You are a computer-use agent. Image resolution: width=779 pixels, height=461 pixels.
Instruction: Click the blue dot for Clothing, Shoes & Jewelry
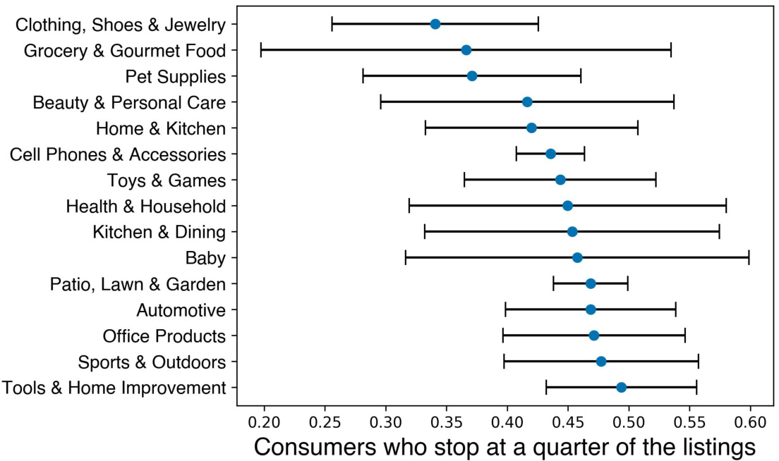(435, 24)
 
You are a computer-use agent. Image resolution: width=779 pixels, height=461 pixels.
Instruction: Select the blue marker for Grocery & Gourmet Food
(466, 50)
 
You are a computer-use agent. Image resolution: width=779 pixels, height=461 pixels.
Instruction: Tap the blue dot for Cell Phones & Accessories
(551, 154)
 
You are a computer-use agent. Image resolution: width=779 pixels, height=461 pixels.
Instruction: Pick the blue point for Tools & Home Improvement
(621, 387)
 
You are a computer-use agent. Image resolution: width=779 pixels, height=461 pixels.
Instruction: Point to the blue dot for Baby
(577, 257)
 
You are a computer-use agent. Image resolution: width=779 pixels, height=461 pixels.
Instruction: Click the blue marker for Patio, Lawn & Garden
(591, 283)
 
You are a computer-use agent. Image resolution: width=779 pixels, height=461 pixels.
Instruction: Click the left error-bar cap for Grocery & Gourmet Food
(261, 50)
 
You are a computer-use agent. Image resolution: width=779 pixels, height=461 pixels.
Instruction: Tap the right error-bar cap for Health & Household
(726, 206)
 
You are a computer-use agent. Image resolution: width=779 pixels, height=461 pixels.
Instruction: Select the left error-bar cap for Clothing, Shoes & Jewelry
(332, 24)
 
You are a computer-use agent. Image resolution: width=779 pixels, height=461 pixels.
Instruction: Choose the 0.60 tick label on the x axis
(750, 423)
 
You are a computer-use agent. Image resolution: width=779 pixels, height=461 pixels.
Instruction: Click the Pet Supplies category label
(176, 76)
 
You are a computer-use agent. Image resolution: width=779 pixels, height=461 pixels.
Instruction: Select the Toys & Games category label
(167, 180)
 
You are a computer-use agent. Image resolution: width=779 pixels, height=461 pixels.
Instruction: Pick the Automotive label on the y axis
(181, 310)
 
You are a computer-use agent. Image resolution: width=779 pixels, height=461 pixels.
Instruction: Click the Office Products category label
(164, 336)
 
